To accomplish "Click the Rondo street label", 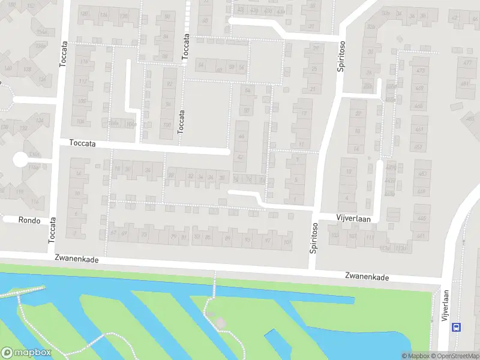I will tap(29, 220).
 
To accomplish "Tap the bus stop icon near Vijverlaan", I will tap(457, 327).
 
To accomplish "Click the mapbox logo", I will tap(25, 353).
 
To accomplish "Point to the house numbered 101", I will tap(287, 242).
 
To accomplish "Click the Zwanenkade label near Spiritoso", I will tap(367, 277).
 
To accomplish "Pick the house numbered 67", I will tap(113, 233).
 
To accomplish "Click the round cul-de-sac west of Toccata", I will tap(20, 160).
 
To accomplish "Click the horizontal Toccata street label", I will tap(82, 144).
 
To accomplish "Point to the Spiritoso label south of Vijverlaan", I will tap(313, 238).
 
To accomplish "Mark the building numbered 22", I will tap(358, 113).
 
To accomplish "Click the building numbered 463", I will tap(418, 106).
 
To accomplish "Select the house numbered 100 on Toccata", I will tap(167, 125).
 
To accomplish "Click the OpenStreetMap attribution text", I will tap(456, 356).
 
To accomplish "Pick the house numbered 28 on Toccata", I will tap(128, 170).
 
